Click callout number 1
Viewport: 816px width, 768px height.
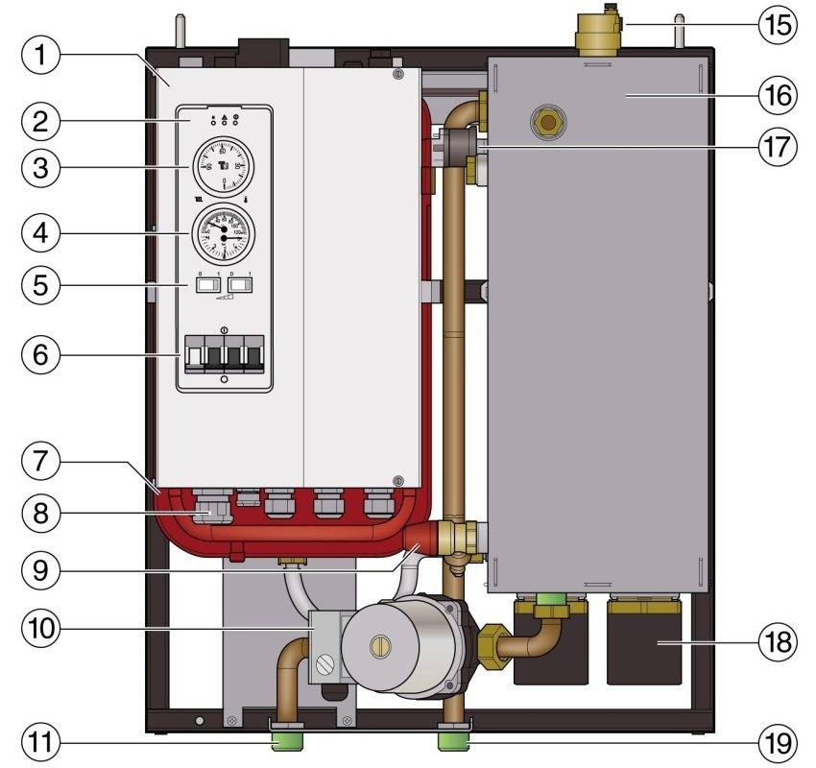[39, 57]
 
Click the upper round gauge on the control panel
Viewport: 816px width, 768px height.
[224, 164]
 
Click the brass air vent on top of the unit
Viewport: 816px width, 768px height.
[595, 35]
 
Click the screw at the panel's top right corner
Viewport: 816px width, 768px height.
[397, 75]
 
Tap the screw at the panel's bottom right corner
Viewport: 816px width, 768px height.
[397, 480]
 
